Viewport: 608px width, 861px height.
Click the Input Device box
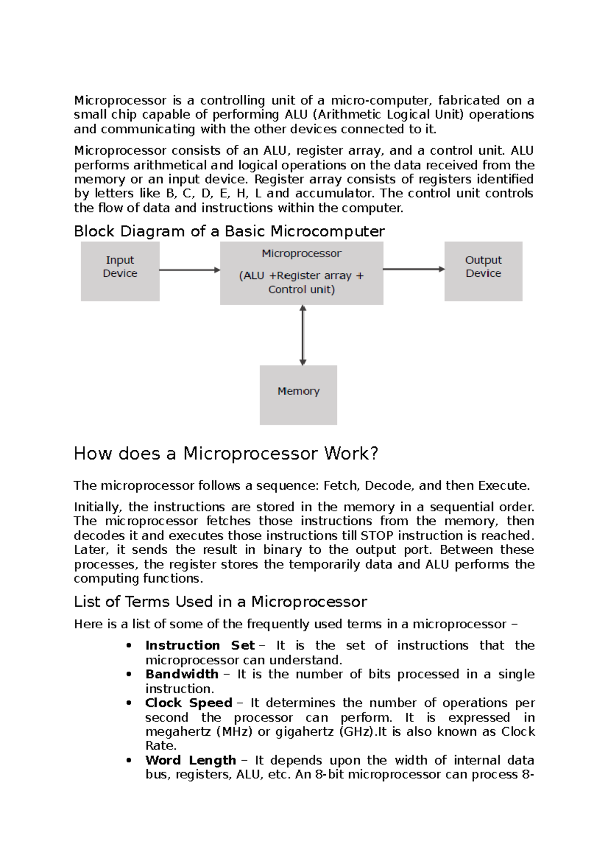[120, 271]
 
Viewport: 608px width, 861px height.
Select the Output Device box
[483, 271]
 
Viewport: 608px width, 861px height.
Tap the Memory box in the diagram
[298, 394]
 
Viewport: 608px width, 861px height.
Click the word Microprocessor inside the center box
[301, 254]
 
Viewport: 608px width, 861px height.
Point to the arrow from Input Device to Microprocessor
[189, 270]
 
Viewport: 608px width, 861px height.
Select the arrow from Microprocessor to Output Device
[413, 269]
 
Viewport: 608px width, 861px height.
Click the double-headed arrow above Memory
[302, 335]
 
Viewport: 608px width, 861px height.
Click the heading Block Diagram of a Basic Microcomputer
[229, 232]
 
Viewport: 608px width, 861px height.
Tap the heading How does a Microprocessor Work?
[226, 453]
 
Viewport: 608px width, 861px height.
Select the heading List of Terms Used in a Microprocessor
[220, 602]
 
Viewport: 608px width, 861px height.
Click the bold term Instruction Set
[200, 645]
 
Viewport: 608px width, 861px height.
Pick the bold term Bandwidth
[181, 674]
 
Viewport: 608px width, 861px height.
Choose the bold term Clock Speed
[188, 703]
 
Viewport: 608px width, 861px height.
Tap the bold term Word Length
[190, 761]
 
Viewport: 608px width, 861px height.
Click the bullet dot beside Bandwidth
[130, 675]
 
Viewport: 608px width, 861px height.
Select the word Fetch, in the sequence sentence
[342, 486]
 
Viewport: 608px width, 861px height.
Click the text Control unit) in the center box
[301, 290]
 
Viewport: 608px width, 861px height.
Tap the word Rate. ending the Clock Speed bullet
[161, 746]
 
